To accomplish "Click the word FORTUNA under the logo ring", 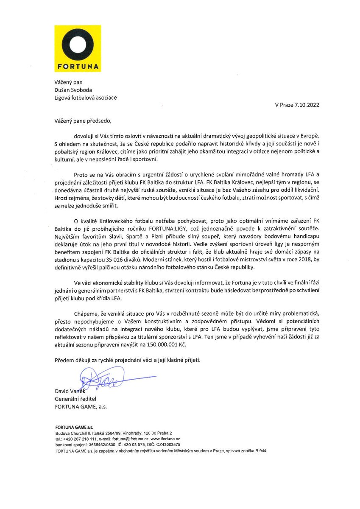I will point(77,67).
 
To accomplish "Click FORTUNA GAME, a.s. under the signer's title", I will point(81,406).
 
